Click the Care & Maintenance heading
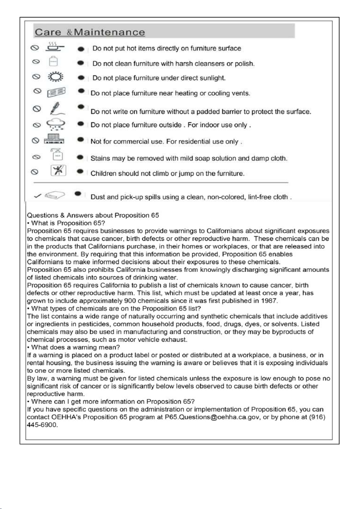(x=90, y=32)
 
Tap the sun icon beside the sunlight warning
(x=55, y=77)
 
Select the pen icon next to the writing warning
(x=56, y=108)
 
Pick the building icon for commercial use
(x=54, y=139)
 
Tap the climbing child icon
(x=58, y=171)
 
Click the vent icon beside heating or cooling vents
(x=56, y=92)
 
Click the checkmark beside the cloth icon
(x=38, y=196)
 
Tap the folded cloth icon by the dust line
(x=55, y=196)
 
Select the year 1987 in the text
(x=269, y=301)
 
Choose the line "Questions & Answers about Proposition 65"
(x=93, y=215)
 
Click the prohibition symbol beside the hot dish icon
(x=35, y=48)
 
